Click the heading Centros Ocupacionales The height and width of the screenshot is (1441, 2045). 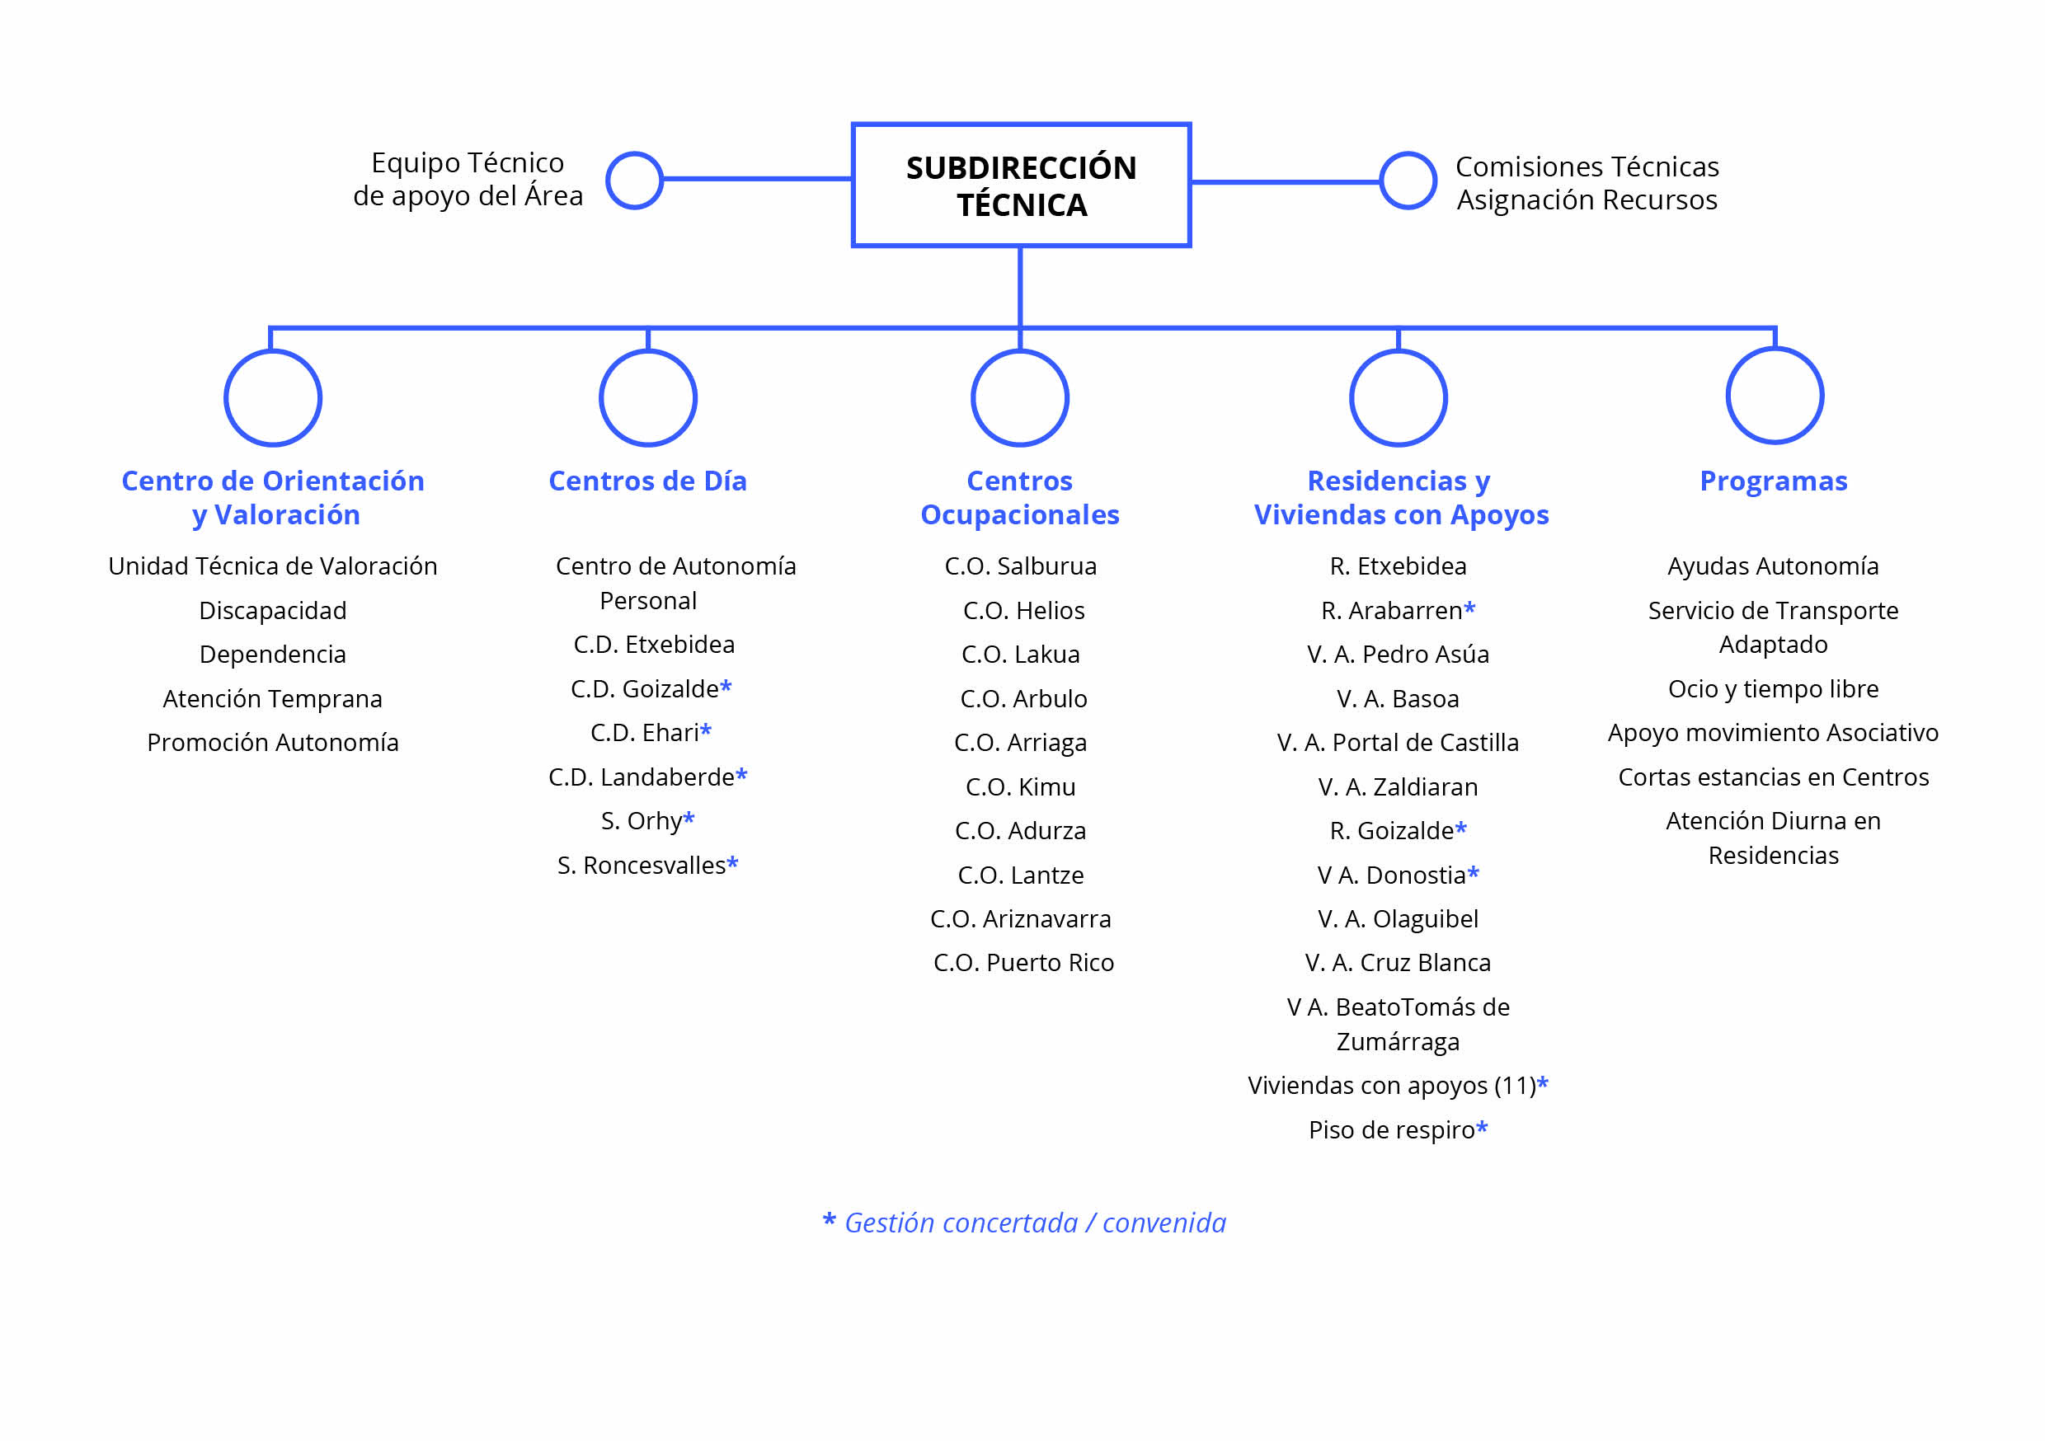(x=1020, y=498)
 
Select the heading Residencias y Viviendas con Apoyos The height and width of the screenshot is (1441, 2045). (x=1401, y=498)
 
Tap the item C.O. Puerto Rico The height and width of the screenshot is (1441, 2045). (x=1023, y=963)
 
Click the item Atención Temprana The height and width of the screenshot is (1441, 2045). (x=273, y=699)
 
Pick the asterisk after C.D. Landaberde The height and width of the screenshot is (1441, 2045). (x=742, y=775)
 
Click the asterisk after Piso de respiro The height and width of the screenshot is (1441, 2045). (x=1482, y=1128)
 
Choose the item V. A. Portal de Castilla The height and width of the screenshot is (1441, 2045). (x=1398, y=743)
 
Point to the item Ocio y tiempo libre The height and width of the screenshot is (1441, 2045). (x=1774, y=689)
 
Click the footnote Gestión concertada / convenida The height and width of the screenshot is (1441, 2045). (x=1035, y=1223)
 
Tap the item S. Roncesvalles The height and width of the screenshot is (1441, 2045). (x=642, y=866)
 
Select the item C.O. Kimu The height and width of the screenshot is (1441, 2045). (x=1021, y=787)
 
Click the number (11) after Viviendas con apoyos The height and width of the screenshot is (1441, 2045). (x=1515, y=1086)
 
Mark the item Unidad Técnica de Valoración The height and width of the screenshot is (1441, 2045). (x=273, y=566)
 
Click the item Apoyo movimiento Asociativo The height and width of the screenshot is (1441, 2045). (x=1774, y=733)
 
